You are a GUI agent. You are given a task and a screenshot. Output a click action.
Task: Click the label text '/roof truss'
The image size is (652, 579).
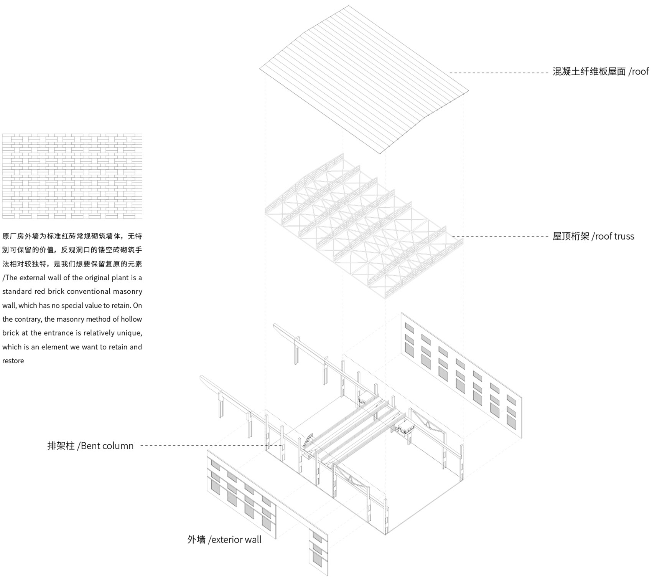tap(613, 236)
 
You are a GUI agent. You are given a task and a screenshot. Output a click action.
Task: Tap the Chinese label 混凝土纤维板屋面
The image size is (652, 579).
tap(589, 71)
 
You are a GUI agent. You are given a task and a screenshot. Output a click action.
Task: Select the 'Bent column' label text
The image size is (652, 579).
tap(107, 446)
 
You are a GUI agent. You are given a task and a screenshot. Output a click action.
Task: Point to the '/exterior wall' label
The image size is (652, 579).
tap(235, 539)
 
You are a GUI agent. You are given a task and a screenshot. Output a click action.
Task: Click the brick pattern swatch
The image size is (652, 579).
tap(72, 176)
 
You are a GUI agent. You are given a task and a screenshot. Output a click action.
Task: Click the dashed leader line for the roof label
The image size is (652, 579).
tap(499, 72)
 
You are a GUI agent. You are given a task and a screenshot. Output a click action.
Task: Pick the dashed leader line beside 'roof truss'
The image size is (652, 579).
tap(501, 236)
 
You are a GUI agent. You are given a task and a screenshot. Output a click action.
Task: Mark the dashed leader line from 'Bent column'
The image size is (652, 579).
tap(212, 445)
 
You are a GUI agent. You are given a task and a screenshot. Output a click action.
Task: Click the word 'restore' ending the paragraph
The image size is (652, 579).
tap(13, 361)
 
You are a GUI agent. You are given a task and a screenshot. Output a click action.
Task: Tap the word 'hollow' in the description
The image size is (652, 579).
tap(131, 319)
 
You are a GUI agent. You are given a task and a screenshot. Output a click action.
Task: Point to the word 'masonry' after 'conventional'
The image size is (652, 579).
tap(127, 292)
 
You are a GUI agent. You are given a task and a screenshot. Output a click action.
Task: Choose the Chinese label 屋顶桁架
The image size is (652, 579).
tap(571, 236)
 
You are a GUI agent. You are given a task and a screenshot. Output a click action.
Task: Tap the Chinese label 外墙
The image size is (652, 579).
tap(197, 539)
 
